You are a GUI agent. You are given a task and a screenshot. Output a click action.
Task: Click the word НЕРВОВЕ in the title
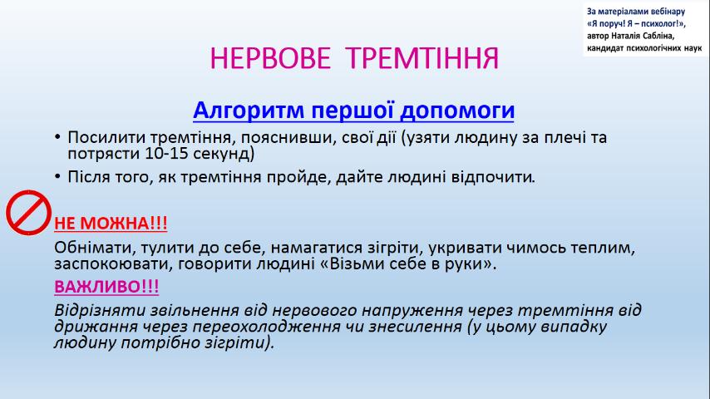click(270, 58)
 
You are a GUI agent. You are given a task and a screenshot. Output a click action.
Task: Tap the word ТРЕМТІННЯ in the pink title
click(422, 58)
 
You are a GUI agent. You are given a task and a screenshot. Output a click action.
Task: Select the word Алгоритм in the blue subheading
click(249, 111)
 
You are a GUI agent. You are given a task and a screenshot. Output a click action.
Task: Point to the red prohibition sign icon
click(28, 213)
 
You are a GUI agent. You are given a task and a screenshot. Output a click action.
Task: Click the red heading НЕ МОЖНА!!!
click(111, 224)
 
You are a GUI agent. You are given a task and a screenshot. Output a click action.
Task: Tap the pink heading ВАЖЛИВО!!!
click(106, 287)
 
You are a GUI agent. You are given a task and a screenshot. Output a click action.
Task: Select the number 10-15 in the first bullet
click(166, 154)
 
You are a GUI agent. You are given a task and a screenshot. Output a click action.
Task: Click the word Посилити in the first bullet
click(106, 137)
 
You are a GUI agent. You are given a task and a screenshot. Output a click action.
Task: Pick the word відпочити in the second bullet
click(493, 176)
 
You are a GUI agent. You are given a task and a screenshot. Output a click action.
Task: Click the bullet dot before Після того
click(57, 176)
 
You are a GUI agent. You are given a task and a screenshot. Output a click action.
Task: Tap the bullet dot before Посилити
click(57, 137)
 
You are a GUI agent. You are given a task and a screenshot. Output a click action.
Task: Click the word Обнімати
click(95, 248)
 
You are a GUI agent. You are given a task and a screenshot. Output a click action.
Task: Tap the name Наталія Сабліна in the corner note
click(643, 37)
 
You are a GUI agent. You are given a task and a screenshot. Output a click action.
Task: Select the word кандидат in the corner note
click(604, 48)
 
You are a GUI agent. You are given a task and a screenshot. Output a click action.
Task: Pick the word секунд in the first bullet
click(224, 154)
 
